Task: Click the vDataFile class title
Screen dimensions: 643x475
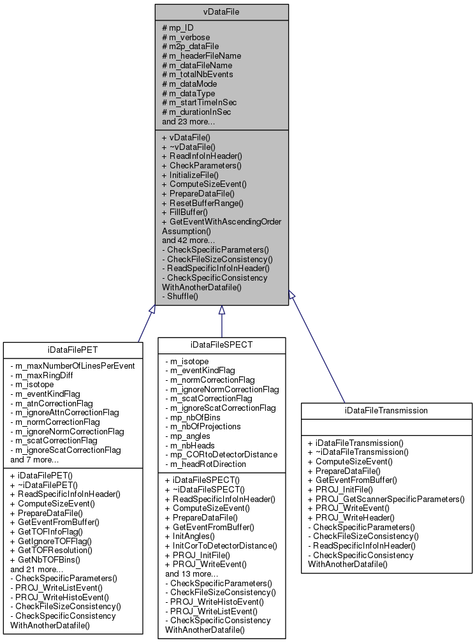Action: [x=221, y=11]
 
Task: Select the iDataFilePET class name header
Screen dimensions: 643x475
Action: [x=73, y=349]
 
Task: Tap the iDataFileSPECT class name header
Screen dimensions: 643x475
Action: [x=222, y=344]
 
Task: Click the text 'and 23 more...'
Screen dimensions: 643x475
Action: [x=188, y=121]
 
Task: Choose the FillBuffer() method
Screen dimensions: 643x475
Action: [x=185, y=211]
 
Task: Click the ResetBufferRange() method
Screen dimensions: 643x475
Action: [x=203, y=202]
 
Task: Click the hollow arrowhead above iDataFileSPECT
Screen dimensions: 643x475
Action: [x=222, y=311]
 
